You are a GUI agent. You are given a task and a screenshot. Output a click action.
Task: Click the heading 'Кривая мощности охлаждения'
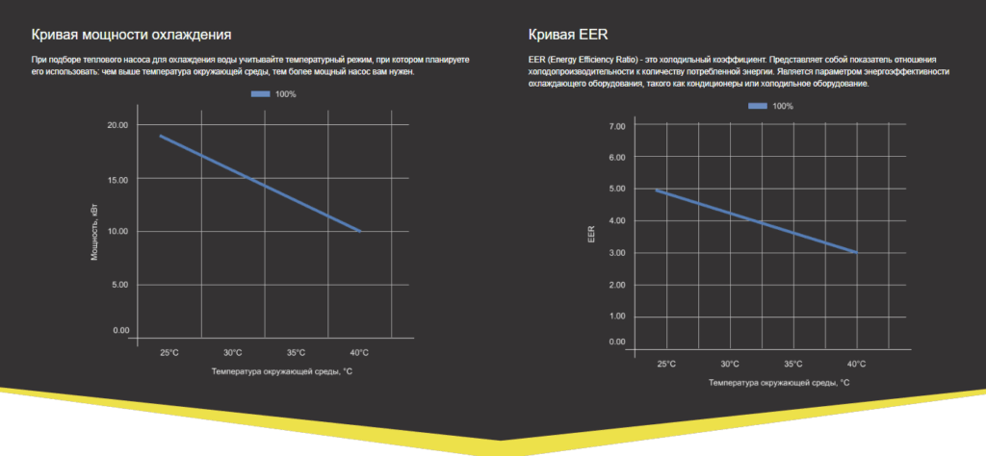[131, 35]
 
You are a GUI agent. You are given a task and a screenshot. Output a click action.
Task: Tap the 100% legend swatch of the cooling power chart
[261, 93]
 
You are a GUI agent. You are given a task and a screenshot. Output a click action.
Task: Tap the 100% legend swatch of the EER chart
[758, 105]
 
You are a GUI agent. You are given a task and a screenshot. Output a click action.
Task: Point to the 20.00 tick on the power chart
[117, 125]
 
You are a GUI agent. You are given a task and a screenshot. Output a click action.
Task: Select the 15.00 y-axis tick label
[117, 179]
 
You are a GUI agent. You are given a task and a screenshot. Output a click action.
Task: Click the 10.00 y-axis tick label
[117, 232]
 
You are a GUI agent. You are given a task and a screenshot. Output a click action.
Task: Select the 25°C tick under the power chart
[169, 352]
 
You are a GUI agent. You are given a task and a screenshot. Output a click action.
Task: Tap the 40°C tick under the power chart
[359, 352]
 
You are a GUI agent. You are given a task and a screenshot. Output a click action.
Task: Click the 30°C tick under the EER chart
[730, 364]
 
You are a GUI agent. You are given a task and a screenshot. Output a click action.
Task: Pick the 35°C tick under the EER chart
[793, 364]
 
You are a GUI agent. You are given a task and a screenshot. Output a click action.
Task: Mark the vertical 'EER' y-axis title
[593, 234]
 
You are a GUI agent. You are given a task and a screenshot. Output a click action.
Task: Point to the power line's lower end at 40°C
[359, 231]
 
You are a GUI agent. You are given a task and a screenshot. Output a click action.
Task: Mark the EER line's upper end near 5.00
[659, 190]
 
